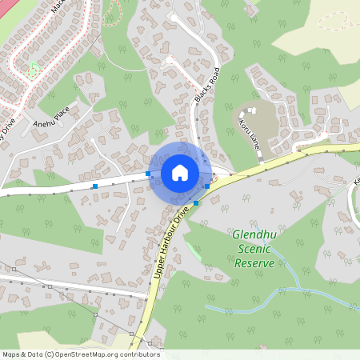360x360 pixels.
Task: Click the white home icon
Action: point(180,173)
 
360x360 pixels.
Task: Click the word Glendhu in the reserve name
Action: point(254,235)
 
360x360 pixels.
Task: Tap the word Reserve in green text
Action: point(255,263)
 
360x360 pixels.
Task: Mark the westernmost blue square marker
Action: point(95,186)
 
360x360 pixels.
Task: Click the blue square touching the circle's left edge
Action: point(148,173)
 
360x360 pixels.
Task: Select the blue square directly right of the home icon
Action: point(207,186)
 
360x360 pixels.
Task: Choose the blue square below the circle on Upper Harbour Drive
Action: point(196,203)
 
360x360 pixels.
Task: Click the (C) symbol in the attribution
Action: point(50,354)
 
